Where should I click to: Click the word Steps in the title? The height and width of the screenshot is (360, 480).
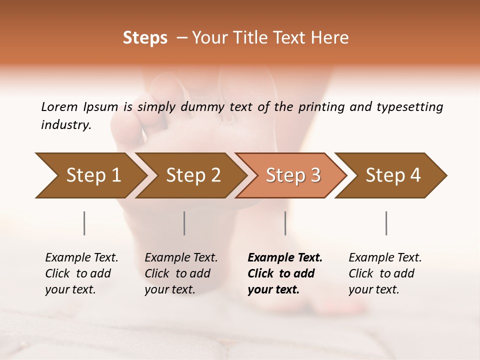click(145, 38)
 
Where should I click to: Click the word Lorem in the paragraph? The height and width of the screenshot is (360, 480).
click(59, 106)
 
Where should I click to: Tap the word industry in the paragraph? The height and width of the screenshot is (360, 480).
click(65, 125)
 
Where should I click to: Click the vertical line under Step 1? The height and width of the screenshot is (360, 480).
click(84, 223)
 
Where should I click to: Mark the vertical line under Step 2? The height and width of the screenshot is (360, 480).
click(184, 223)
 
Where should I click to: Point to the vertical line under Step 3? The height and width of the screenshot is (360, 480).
click(285, 223)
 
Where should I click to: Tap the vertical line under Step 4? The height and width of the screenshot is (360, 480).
click(386, 223)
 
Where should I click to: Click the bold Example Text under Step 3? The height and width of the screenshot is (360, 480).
click(285, 257)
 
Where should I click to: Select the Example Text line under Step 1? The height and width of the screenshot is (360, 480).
click(81, 257)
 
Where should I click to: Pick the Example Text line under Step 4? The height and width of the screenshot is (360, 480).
click(385, 257)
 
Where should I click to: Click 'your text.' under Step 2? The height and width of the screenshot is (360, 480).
click(169, 289)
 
